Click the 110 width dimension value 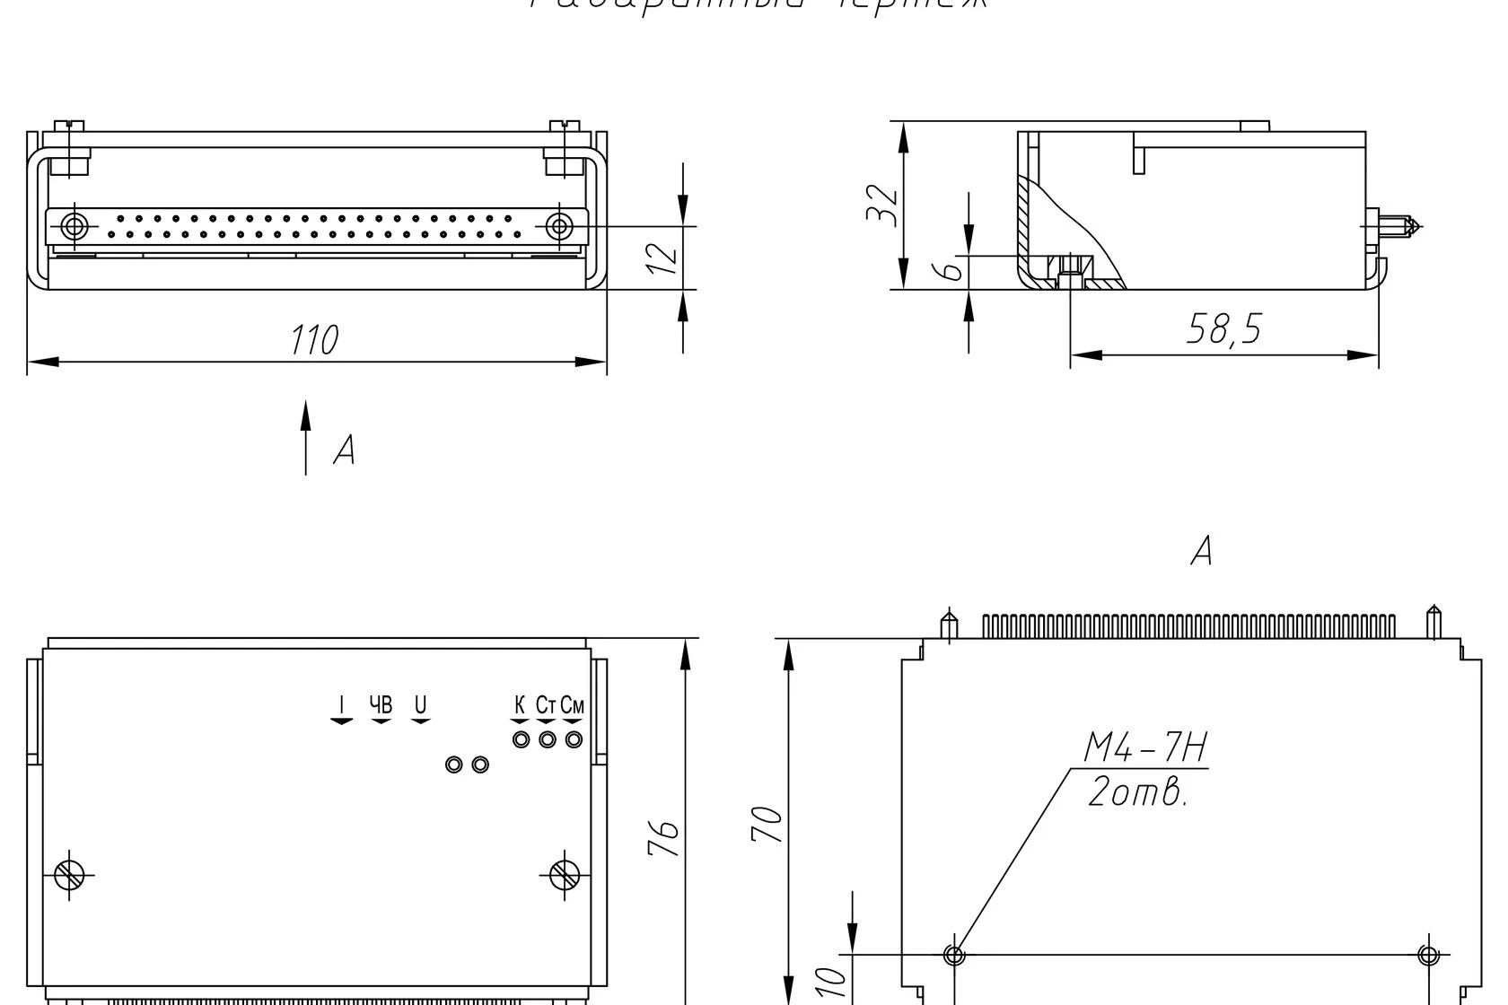314,340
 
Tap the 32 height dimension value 881,205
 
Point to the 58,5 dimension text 1223,329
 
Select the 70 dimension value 767,824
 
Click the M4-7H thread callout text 1145,748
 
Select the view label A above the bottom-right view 1201,550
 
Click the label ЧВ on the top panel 381,704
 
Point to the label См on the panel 573,705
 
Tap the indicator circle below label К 521,739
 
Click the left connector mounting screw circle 75,225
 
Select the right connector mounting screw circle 559,225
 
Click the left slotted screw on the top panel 69,874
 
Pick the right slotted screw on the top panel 565,873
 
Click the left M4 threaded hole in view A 954,955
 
